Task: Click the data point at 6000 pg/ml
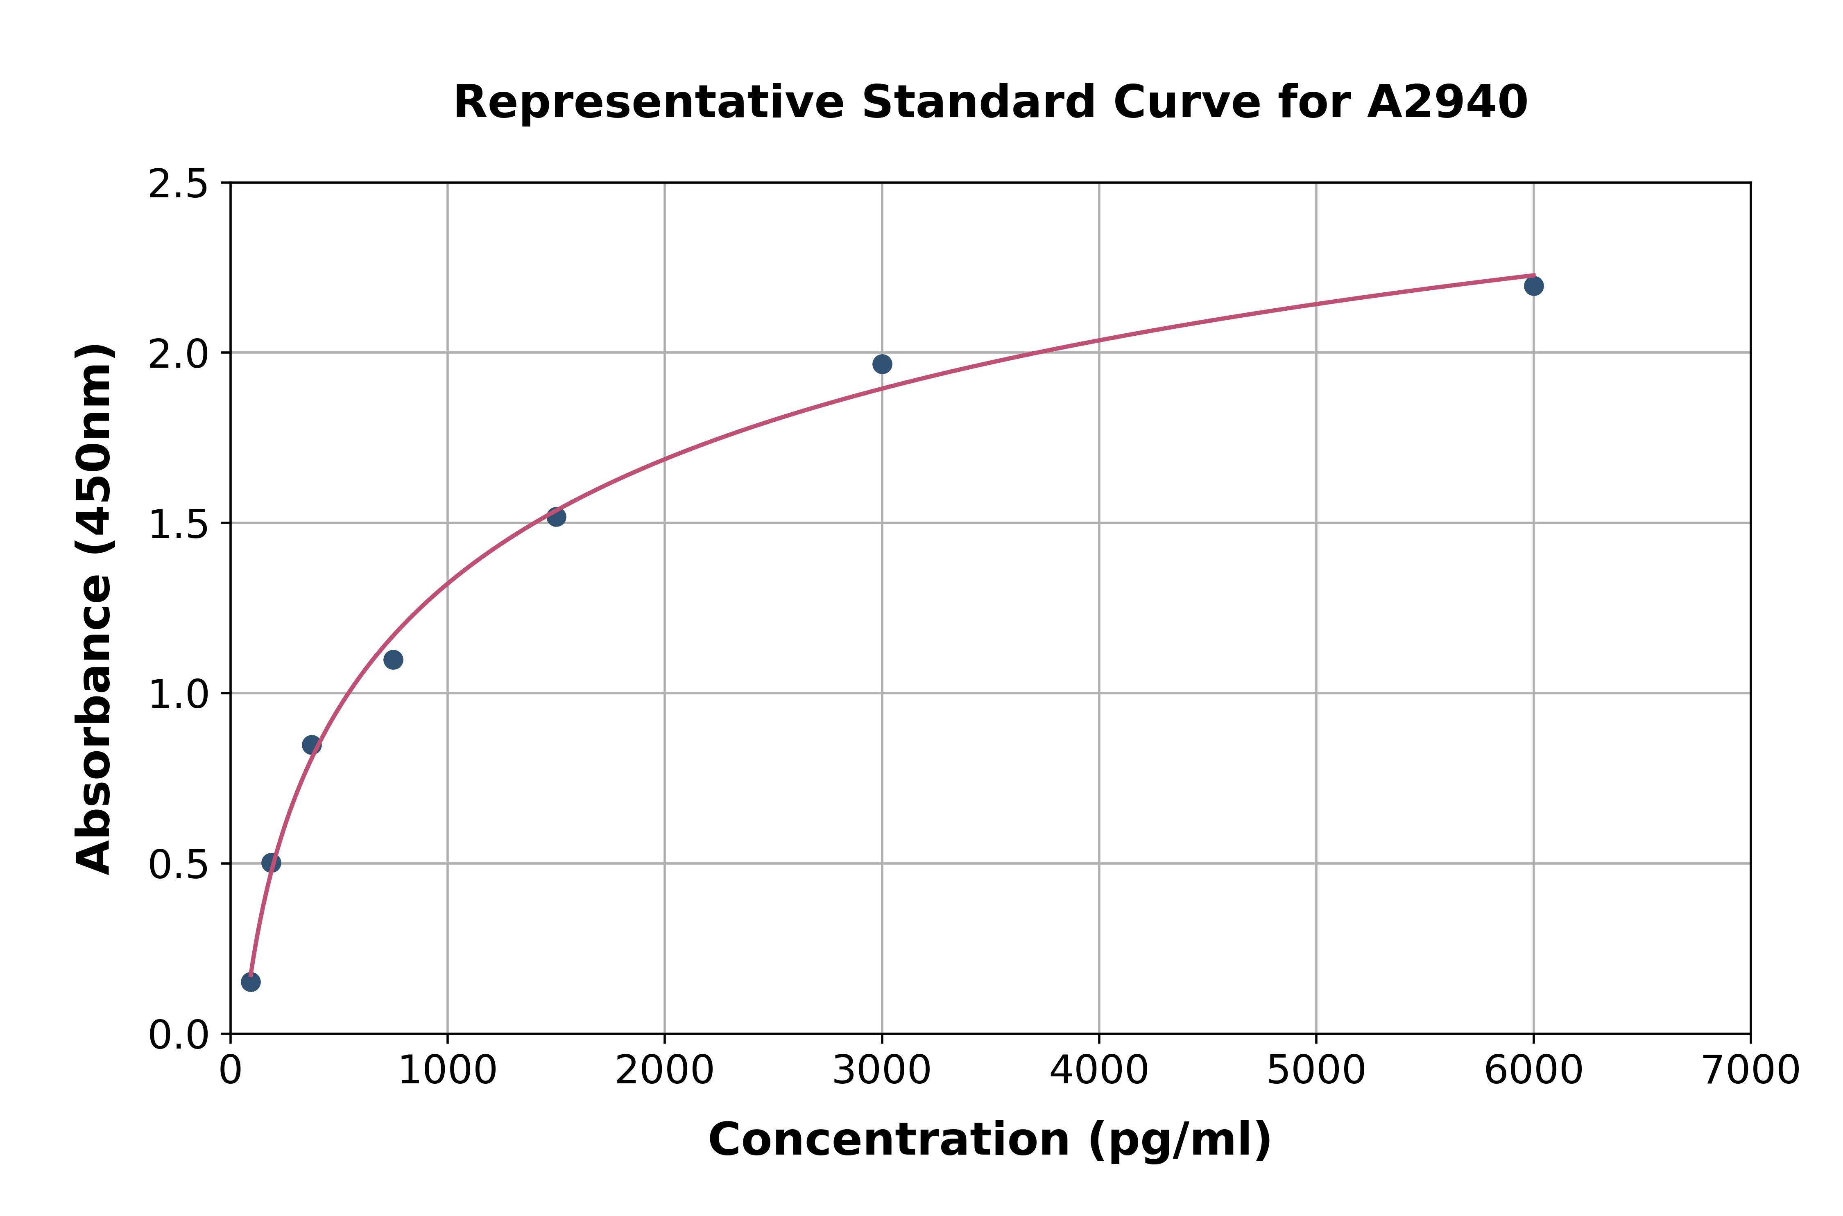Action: [1533, 286]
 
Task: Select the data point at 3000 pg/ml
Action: [882, 364]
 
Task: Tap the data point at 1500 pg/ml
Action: [556, 516]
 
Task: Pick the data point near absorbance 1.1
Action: [393, 660]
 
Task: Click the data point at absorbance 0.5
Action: [271, 863]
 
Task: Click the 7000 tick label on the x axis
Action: [1750, 1071]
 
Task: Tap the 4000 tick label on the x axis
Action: [1098, 1071]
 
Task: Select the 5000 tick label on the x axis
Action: [1315, 1071]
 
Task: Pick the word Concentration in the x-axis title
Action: [889, 1140]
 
